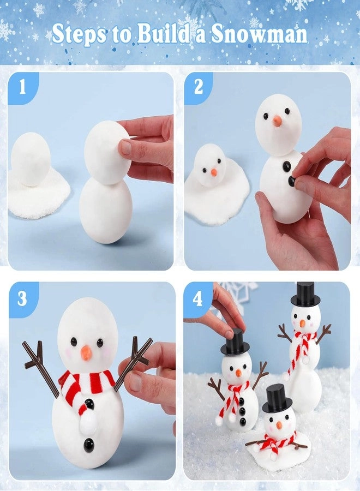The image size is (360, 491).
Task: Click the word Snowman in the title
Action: click(x=266, y=34)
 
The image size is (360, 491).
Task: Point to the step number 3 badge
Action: click(x=22, y=298)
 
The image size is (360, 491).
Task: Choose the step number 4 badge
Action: click(x=197, y=298)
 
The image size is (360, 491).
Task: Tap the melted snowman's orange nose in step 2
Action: click(x=214, y=172)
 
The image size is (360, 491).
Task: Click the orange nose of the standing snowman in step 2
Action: click(x=277, y=121)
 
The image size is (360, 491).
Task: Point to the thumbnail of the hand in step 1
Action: click(x=126, y=147)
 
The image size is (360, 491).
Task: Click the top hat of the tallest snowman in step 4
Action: click(x=304, y=295)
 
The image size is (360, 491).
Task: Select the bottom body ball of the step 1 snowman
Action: click(x=105, y=211)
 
